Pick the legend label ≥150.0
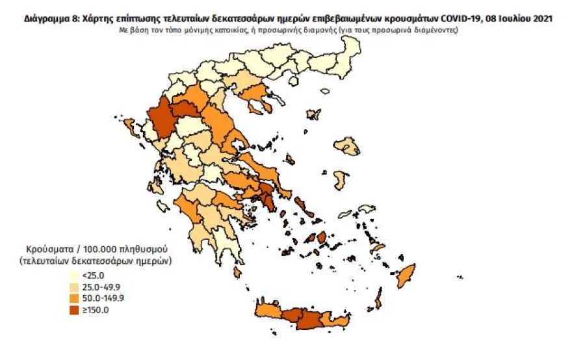pyautogui.click(x=96, y=310)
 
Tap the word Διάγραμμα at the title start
pyautogui.click(x=44, y=19)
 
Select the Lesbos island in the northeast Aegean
pyautogui.click(x=346, y=146)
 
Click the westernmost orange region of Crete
pyautogui.click(x=268, y=313)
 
